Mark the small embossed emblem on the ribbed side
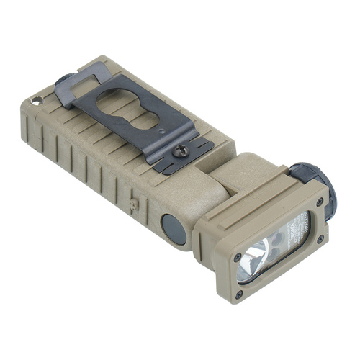132,204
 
